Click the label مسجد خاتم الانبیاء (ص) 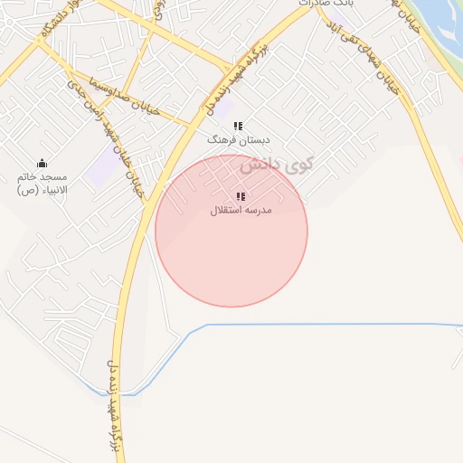(43, 184)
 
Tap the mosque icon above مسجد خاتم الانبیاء (42, 163)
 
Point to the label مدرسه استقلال (241, 210)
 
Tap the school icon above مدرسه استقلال (241, 196)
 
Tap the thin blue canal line (326, 324)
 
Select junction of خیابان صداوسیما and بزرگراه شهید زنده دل (194, 122)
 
